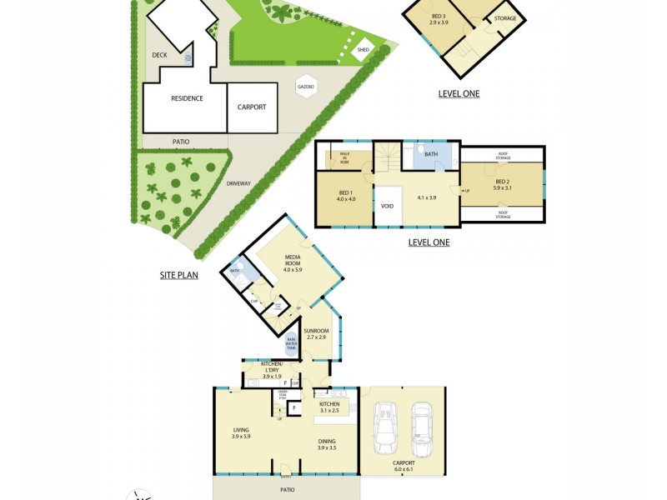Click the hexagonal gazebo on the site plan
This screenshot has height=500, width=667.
[305, 87]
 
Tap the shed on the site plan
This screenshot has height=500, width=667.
[363, 50]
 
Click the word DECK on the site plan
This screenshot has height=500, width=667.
[159, 56]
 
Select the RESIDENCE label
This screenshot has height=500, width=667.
[187, 98]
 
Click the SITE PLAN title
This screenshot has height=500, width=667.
[178, 274]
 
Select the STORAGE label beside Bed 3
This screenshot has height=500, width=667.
[505, 18]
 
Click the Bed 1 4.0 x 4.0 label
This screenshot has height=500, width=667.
[346, 195]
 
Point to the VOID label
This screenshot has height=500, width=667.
[387, 206]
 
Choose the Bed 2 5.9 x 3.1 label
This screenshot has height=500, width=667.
[502, 185]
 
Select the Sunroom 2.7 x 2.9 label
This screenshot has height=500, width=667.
[317, 334]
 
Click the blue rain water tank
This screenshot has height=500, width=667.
[293, 342]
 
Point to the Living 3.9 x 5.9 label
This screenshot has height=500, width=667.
[241, 433]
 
